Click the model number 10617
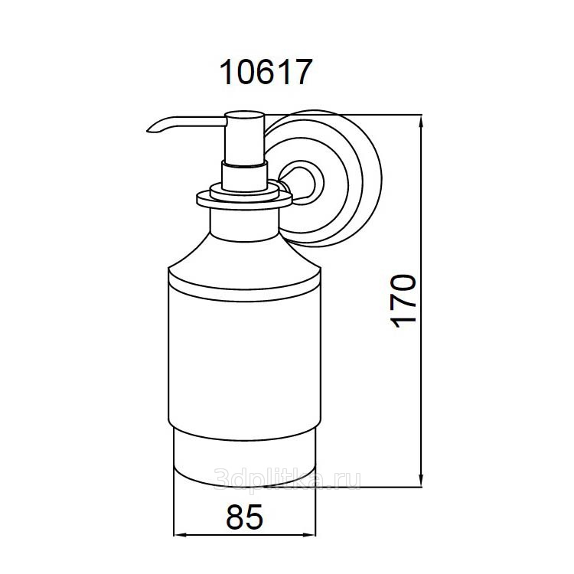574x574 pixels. click(x=266, y=72)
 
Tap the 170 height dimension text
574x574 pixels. click(x=404, y=301)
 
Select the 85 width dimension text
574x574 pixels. click(x=245, y=517)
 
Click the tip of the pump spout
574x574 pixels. click(x=148, y=130)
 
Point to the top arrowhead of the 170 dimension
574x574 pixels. click(x=422, y=120)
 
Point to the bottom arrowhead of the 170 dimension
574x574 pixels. click(x=422, y=481)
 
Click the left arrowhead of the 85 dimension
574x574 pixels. click(x=179, y=535)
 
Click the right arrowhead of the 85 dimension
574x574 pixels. click(x=309, y=535)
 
